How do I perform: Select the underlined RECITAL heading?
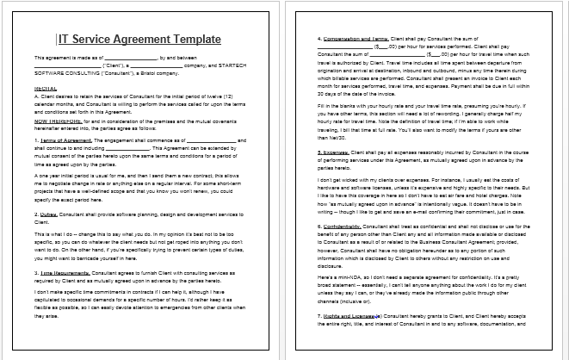tap(46, 87)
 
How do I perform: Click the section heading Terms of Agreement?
tap(63, 139)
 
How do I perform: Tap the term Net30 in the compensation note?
tap(326, 136)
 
